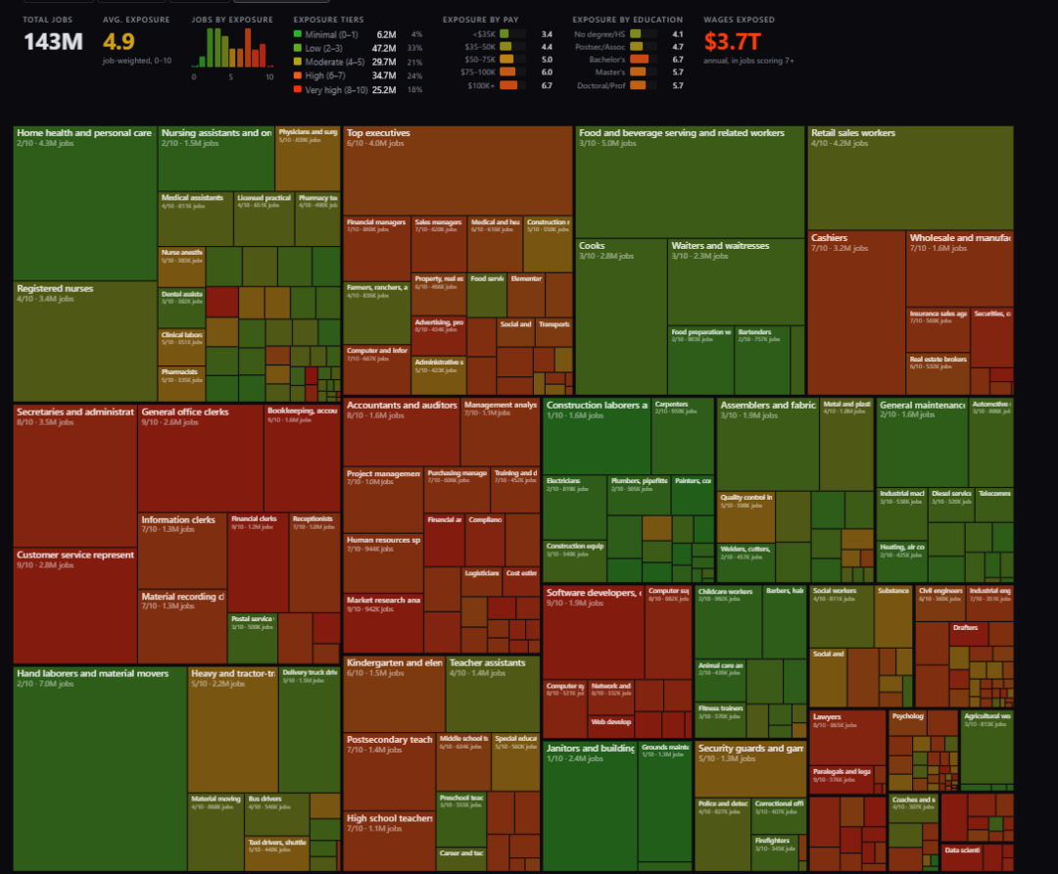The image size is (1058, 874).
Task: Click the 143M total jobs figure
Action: coord(54,42)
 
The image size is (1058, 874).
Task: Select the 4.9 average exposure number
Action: coord(119,42)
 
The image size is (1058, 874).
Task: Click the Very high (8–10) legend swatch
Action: coord(297,89)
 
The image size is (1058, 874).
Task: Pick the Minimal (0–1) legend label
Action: coord(332,34)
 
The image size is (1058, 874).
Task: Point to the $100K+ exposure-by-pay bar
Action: coord(508,85)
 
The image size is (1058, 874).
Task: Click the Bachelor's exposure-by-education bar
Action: coord(640,60)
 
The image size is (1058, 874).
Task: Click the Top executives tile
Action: coord(457,176)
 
